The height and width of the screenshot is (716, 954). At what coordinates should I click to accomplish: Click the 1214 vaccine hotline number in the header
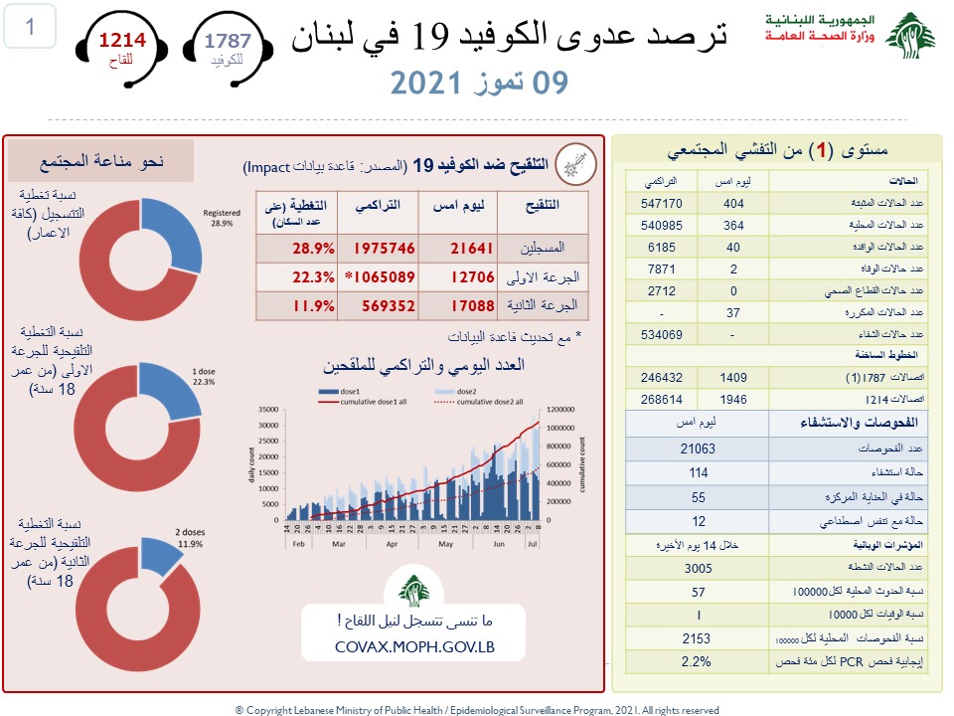(121, 41)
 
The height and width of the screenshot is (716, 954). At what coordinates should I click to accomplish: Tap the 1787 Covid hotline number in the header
(228, 41)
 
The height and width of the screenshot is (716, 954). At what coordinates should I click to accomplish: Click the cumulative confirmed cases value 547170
(661, 202)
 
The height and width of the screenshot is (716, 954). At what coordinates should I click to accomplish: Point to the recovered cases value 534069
(661, 334)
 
